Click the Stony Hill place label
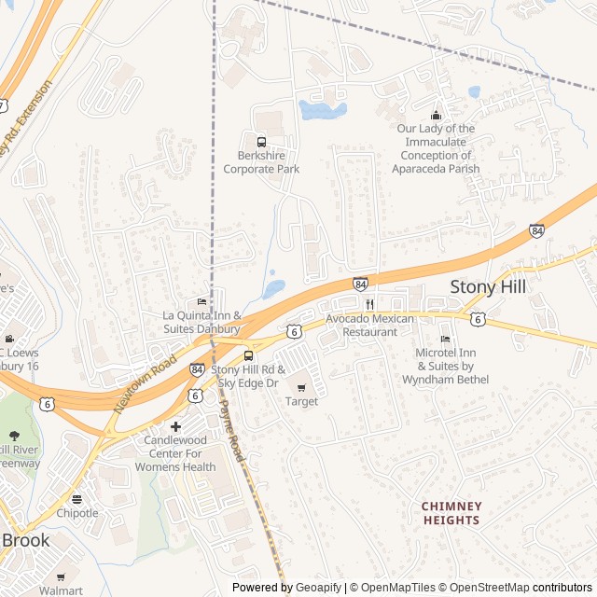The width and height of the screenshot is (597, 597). point(487,286)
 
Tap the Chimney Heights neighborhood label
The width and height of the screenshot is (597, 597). point(451,513)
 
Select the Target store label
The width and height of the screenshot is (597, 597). point(301,401)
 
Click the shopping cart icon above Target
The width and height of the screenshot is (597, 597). point(301,386)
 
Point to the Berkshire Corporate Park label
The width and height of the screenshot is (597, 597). point(261,162)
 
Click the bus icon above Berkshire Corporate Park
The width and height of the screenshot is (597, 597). point(261,143)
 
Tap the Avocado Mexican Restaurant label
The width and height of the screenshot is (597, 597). point(369,325)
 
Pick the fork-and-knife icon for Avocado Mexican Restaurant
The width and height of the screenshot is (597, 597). point(369,304)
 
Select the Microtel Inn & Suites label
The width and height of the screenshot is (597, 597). point(445,365)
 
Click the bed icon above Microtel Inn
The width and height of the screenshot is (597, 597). point(445,339)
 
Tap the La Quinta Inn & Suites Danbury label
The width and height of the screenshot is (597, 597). point(202,322)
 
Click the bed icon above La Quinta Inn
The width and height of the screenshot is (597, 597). point(201,301)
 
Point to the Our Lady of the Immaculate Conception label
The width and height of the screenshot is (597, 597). point(437,148)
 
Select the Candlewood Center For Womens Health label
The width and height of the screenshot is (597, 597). point(175,452)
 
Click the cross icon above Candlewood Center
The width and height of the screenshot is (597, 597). point(175,426)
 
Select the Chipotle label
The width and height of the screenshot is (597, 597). point(76,513)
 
